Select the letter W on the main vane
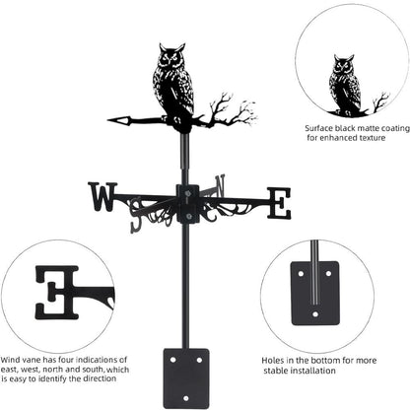[x=102, y=197]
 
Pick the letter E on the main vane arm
[x=279, y=203]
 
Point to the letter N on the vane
[x=220, y=184]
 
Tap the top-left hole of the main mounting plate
[x=172, y=360]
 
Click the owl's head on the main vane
[x=171, y=57]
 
